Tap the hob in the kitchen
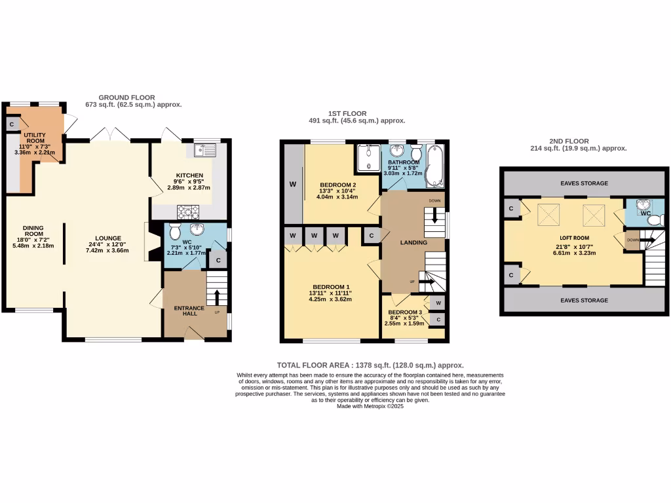click(187, 211)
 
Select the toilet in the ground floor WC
click(174, 232)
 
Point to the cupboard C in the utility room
click(12, 124)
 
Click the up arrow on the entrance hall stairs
click(217, 295)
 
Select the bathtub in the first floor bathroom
click(434, 166)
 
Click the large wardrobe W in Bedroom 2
click(293, 184)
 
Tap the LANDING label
click(413, 242)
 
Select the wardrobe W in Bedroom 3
click(438, 303)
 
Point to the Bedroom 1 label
click(330, 288)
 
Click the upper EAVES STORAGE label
click(584, 183)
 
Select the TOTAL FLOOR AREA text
click(370, 365)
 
